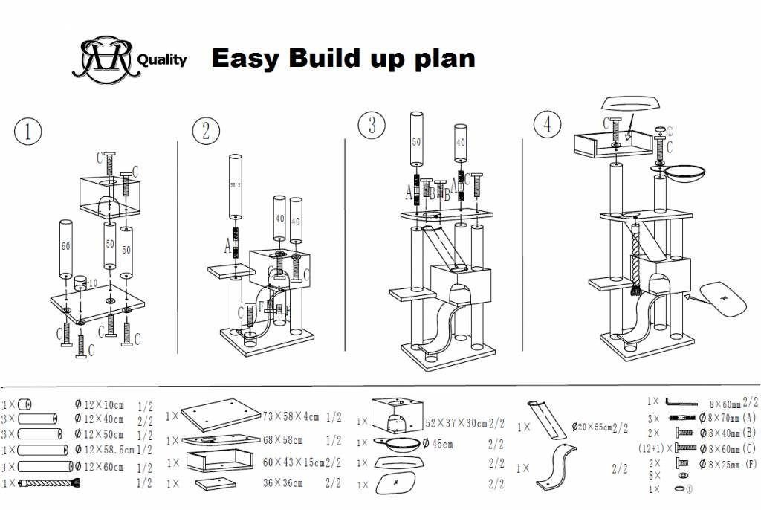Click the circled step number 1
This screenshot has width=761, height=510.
click(27, 132)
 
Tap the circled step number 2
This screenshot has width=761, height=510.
click(206, 131)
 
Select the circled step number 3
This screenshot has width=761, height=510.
click(372, 125)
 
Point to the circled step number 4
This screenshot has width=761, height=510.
click(548, 124)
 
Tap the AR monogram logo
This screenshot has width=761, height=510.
click(104, 58)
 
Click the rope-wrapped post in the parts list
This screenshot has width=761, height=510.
click(51, 483)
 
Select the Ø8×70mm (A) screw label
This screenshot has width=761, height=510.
click(728, 418)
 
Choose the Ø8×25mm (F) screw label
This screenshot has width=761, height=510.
click(728, 463)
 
